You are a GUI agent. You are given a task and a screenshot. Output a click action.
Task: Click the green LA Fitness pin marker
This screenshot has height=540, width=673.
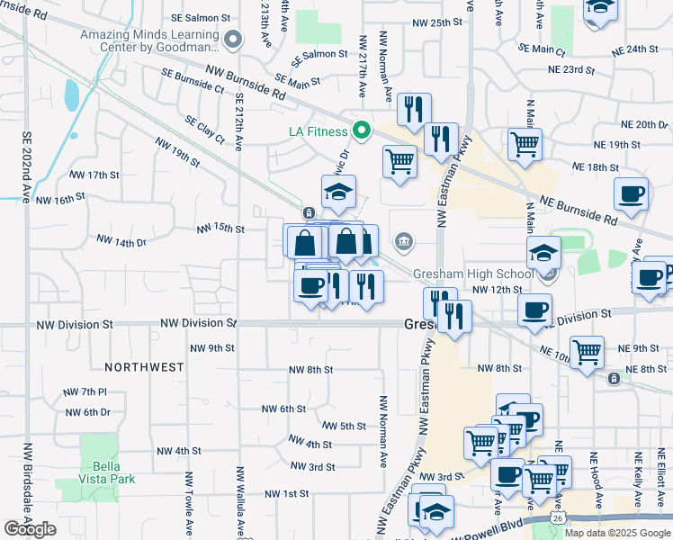362,131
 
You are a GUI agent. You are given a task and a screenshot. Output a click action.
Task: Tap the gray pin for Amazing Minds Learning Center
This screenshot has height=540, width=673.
235,39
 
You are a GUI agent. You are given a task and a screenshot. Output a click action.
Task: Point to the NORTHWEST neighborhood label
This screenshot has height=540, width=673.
144,367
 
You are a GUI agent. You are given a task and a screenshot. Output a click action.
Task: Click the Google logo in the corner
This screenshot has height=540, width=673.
30,529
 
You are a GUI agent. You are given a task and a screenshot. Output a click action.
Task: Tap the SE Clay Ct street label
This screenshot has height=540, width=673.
204,130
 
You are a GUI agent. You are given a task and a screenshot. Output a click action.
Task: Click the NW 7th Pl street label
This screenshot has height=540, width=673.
85,392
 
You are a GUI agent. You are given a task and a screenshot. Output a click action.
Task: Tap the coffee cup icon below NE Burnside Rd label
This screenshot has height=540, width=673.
631,193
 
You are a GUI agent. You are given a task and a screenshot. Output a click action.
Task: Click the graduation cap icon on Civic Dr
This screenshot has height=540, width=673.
339,191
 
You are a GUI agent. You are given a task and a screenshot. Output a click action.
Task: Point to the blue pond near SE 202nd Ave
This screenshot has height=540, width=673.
71,93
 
